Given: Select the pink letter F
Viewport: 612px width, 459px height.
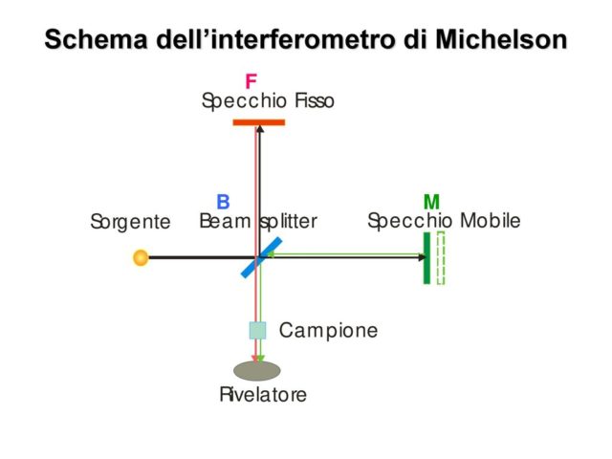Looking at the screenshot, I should (251, 82).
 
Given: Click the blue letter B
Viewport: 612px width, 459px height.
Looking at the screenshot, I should (223, 202).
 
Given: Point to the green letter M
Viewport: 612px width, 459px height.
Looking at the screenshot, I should (431, 202).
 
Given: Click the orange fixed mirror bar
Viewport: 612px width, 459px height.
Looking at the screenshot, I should (258, 122).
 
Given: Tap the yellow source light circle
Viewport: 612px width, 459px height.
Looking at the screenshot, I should (141, 257).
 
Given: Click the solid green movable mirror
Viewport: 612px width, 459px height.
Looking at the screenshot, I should (426, 257).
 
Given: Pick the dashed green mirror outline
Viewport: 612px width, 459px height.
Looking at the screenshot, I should (441, 257).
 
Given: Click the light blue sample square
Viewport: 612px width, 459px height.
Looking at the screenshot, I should (257, 330).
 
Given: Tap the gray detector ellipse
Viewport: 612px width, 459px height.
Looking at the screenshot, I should (257, 370).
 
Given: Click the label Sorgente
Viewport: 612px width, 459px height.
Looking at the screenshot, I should (130, 223).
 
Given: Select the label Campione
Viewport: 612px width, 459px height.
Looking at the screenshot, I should (328, 331).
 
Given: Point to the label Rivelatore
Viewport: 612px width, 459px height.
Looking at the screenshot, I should (263, 394).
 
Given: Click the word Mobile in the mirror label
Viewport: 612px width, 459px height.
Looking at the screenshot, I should (490, 221).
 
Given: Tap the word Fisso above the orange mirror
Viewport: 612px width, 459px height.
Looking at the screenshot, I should (315, 100).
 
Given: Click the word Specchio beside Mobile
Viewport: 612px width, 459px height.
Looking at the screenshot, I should (410, 221).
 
